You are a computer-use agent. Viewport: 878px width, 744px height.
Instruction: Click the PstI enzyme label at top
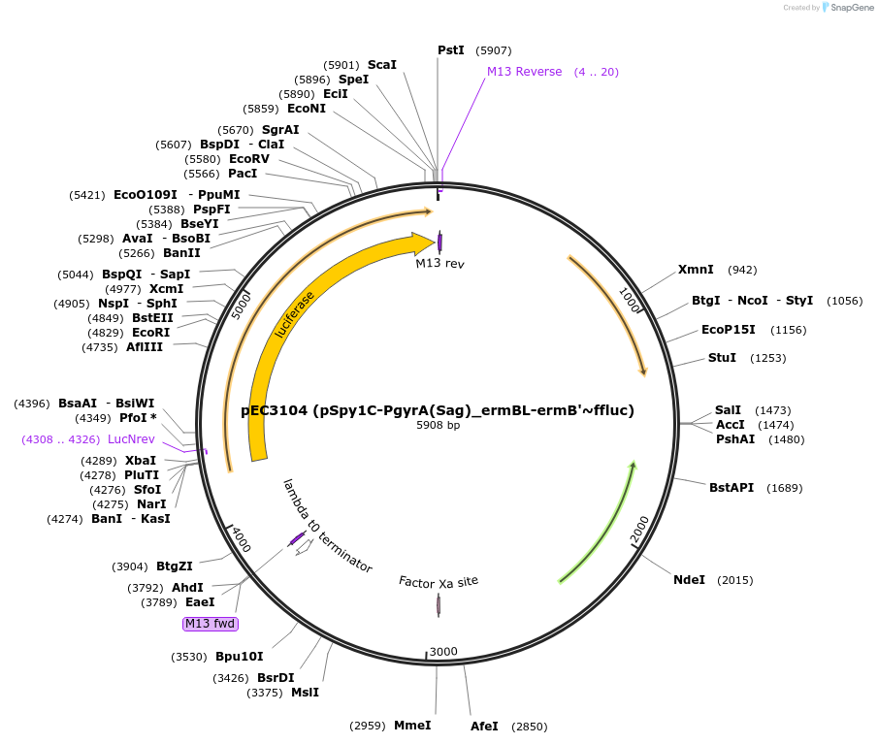[x=451, y=50]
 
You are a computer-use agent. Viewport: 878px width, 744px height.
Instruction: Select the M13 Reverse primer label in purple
[x=524, y=72]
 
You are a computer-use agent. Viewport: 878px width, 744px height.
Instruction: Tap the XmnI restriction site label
[x=696, y=270]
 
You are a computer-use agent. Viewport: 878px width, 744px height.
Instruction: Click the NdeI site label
[x=689, y=580]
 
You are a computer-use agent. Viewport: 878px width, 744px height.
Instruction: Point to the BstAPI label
[x=731, y=488]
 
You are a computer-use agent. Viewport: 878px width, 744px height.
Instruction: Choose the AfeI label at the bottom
[x=484, y=726]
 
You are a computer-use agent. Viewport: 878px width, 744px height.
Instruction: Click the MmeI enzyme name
[x=412, y=726]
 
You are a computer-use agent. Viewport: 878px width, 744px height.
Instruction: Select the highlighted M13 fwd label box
[x=211, y=624]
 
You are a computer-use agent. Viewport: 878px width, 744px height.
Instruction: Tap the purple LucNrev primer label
[x=131, y=439]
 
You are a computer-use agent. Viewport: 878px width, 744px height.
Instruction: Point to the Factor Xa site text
[x=439, y=581]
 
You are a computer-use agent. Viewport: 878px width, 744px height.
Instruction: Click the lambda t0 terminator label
[x=327, y=525]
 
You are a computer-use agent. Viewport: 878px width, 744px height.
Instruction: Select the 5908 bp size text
[x=439, y=425]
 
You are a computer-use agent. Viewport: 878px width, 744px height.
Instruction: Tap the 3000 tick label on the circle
[x=443, y=651]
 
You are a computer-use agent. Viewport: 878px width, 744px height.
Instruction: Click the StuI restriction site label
[x=722, y=358]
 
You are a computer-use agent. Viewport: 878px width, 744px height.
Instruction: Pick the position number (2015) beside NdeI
[x=734, y=580]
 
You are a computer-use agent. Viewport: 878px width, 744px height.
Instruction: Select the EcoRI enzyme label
[x=150, y=332]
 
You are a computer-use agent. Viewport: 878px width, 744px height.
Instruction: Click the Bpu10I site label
[x=239, y=657]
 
